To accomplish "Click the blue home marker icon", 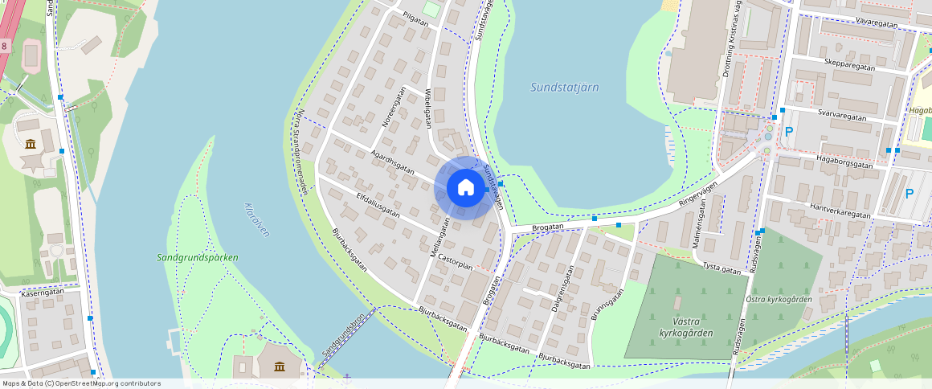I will [465, 188].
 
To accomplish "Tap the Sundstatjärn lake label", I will [564, 88].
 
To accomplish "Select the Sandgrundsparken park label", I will [197, 258].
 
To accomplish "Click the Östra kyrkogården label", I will [779, 300].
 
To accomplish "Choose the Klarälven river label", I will [255, 218].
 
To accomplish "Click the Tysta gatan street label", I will [721, 268].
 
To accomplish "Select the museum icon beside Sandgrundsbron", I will [279, 367].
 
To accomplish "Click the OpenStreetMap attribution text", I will [81, 383].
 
